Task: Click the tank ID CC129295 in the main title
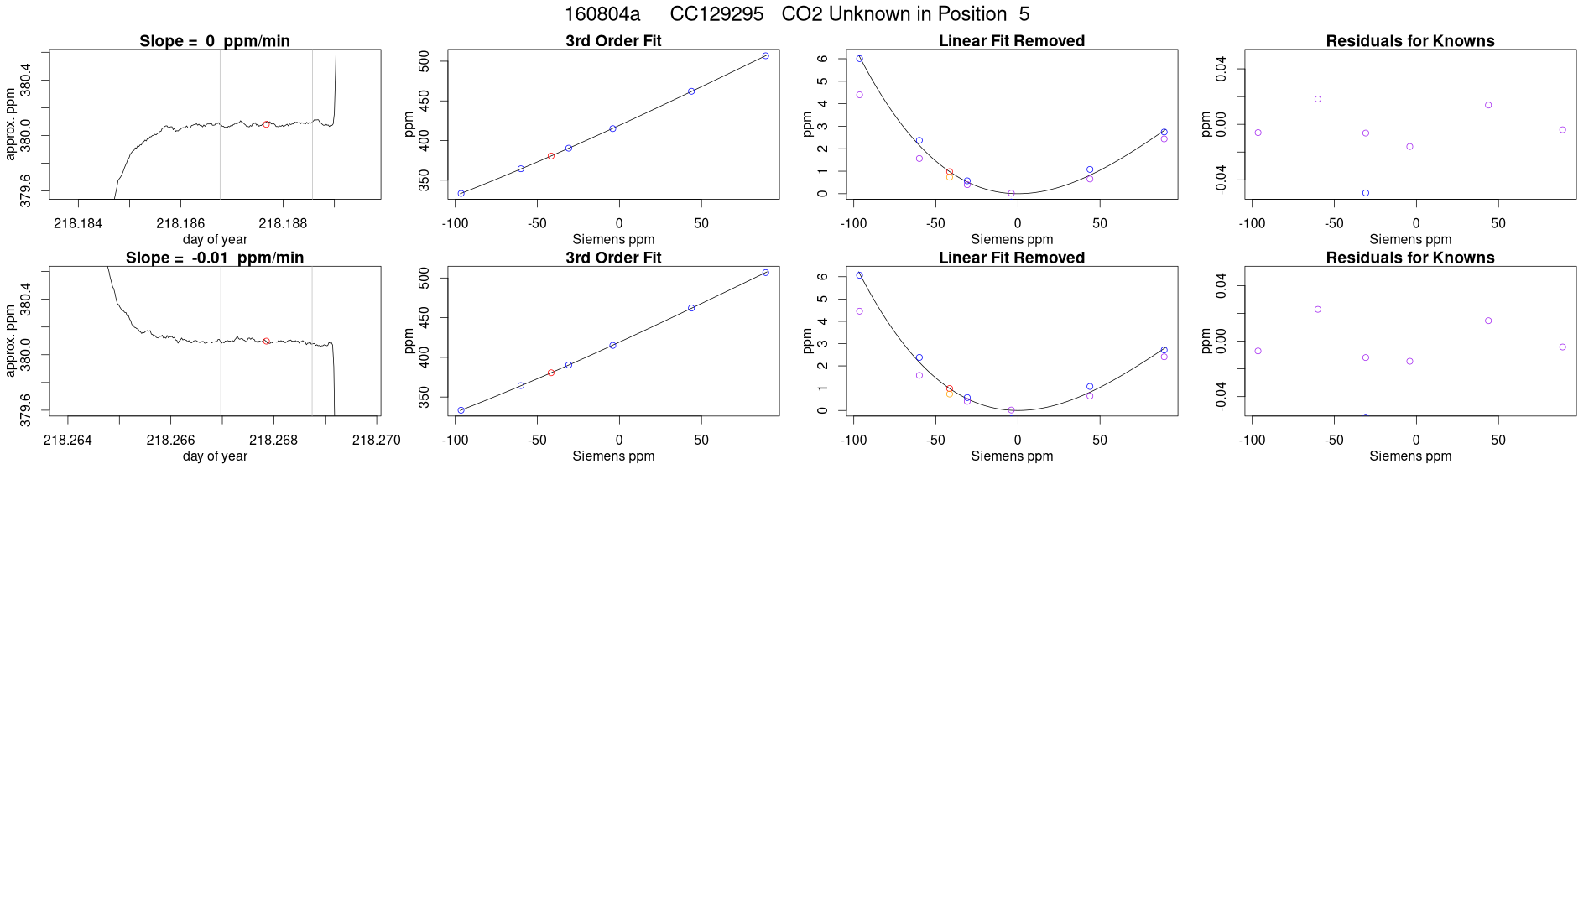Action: (x=716, y=14)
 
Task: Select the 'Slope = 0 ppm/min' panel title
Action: (x=215, y=41)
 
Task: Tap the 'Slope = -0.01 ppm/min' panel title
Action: (x=215, y=258)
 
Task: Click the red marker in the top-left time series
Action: (x=267, y=124)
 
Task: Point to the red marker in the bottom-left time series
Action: (x=267, y=342)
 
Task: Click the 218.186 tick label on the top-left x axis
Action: (x=180, y=223)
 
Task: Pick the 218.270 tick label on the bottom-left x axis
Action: (x=376, y=440)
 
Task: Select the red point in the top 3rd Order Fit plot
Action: (x=551, y=156)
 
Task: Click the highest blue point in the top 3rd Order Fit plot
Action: (x=765, y=56)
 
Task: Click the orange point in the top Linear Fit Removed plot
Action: (x=950, y=177)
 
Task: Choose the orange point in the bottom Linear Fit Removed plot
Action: (x=950, y=394)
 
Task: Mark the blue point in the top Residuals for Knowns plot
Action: (x=1366, y=193)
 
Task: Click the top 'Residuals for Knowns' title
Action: (x=1409, y=41)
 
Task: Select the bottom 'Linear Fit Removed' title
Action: (x=1011, y=258)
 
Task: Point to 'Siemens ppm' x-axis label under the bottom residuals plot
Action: (x=1409, y=456)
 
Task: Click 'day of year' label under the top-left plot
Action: (x=215, y=239)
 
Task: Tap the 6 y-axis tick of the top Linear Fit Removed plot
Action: (x=823, y=59)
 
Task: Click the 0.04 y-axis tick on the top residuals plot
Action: (x=1221, y=69)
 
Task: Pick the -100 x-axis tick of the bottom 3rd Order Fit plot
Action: (x=455, y=440)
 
